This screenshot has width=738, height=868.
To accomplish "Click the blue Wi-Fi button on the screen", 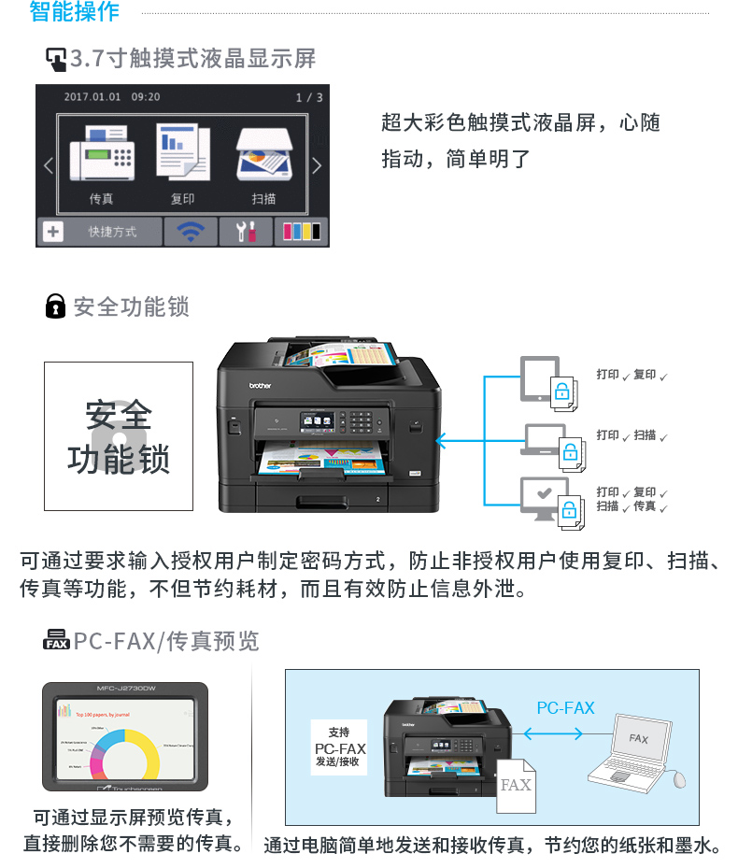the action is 191,232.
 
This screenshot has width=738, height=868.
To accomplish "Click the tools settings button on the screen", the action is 246,232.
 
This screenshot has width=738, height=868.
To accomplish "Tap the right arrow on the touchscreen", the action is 316,165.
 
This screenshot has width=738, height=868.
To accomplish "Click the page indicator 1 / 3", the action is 309,97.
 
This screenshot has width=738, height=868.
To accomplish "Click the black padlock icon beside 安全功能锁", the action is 56,306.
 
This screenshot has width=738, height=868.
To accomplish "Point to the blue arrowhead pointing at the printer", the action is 442,437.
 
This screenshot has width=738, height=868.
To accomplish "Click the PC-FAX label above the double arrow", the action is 565,708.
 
